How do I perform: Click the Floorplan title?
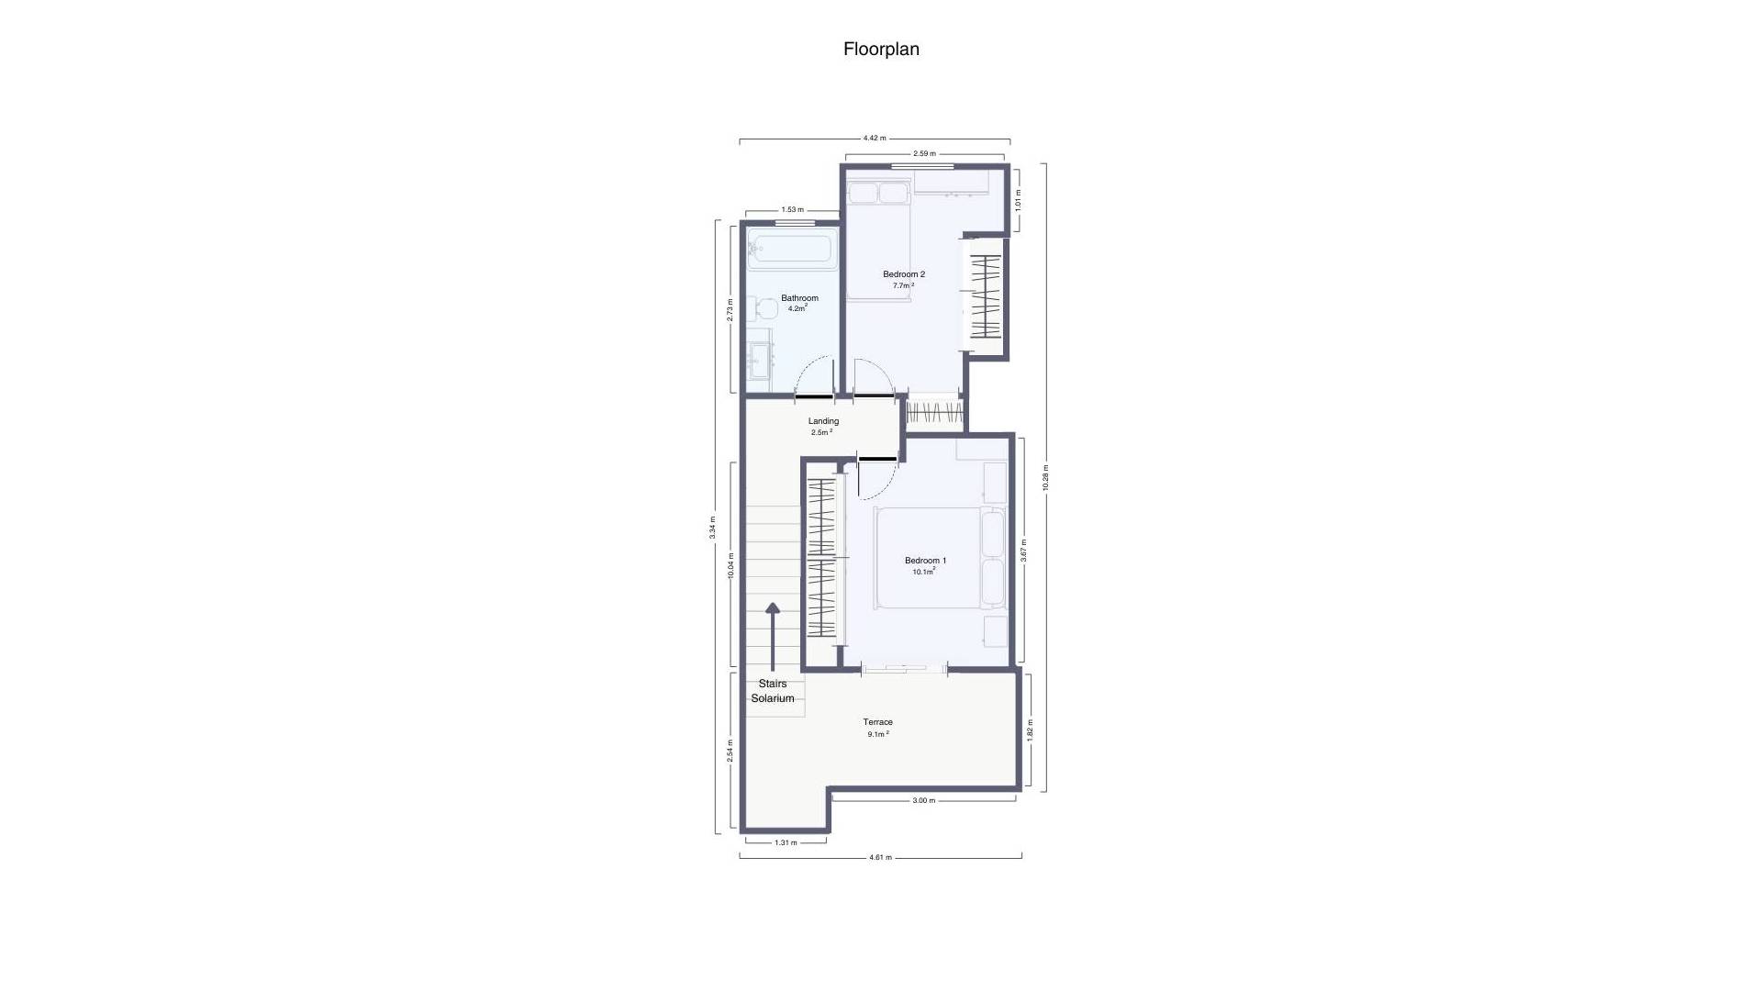click(x=881, y=50)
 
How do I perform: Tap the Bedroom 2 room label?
click(x=904, y=274)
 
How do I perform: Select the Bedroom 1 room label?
click(x=925, y=561)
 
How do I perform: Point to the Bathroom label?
click(x=799, y=298)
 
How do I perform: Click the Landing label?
click(x=823, y=421)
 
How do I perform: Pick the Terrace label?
click(x=877, y=722)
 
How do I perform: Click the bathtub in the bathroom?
click(x=791, y=250)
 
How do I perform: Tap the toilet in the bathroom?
click(x=762, y=308)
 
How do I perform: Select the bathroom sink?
click(x=760, y=361)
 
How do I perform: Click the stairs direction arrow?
click(x=773, y=637)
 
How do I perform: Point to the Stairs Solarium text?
click(x=773, y=691)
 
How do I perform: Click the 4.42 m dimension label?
click(x=875, y=138)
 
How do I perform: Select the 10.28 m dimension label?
click(x=1045, y=478)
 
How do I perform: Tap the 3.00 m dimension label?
click(x=924, y=800)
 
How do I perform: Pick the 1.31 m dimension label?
click(x=786, y=842)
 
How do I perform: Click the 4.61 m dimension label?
click(x=880, y=857)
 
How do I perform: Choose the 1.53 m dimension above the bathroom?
click(x=792, y=209)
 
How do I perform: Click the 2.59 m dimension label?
click(x=924, y=153)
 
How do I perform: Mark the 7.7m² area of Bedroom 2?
click(x=903, y=285)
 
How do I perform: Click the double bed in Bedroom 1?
click(x=939, y=558)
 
